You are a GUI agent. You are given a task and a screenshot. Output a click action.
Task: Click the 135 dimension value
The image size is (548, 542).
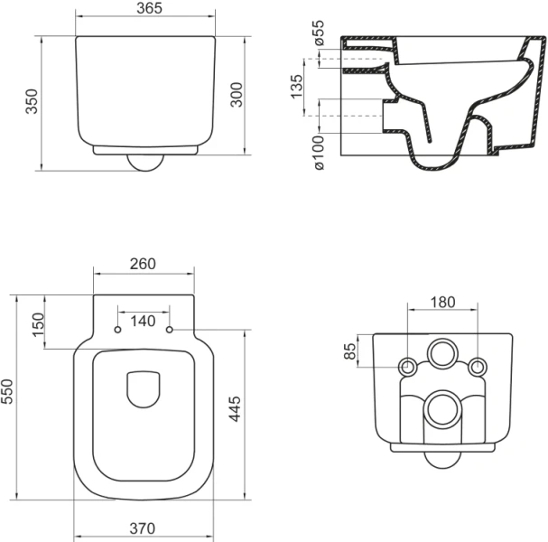[x=297, y=89]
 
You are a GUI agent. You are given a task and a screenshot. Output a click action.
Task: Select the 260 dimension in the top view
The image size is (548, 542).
[x=144, y=264]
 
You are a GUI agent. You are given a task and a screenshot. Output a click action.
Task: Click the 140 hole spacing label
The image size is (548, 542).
[x=144, y=321]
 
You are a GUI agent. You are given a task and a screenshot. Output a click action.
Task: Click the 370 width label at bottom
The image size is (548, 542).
[x=144, y=528]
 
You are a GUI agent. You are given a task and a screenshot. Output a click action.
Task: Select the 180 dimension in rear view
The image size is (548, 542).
[x=442, y=302]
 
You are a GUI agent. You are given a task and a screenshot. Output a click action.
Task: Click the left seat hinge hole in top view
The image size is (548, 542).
[x=118, y=331]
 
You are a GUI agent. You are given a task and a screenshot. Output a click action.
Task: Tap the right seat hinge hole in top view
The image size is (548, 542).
[x=169, y=331]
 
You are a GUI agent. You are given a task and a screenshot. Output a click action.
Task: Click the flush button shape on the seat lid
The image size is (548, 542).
[x=144, y=388]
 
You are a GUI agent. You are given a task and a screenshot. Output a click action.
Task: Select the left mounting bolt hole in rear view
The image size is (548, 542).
[x=407, y=366]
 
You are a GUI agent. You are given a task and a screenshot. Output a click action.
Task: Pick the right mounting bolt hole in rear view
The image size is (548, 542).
[x=478, y=366]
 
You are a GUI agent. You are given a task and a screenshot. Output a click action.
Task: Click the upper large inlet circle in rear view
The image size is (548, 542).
[x=442, y=353]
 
